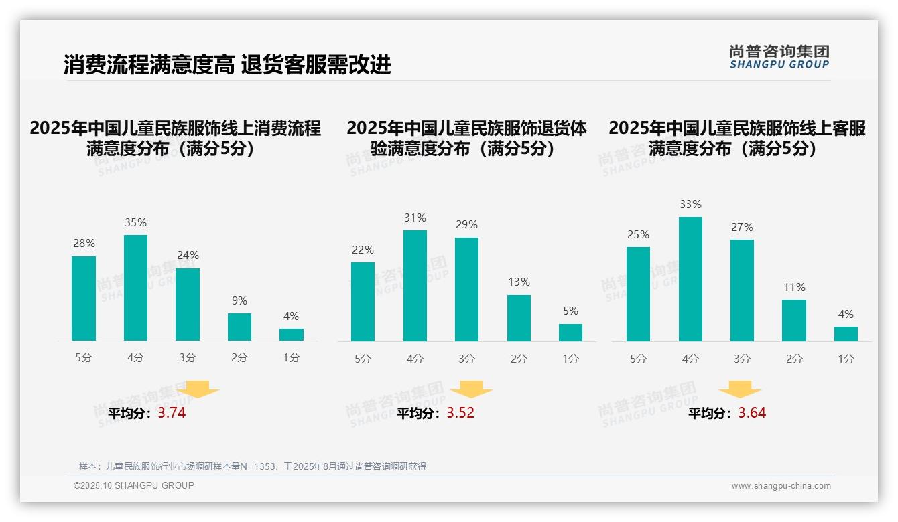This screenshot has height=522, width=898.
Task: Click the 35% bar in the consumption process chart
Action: pos(135,288)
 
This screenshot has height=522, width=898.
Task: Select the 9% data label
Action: pos(239,301)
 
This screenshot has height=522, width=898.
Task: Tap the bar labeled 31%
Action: pos(415,286)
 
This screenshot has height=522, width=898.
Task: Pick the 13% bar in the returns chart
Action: pos(519,319)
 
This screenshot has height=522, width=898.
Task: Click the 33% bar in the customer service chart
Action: pos(690,279)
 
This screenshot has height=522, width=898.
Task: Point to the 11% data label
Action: pos(794,288)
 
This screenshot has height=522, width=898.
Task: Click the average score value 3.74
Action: pos(172,413)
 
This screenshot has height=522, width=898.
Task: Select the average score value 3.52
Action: pos(460,413)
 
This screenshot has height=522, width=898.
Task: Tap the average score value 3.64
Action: pos(752,413)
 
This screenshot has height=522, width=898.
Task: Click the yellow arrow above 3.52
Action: pos(472,390)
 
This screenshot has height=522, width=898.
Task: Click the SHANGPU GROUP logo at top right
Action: pos(779,57)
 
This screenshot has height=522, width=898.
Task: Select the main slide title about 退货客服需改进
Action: pos(227,65)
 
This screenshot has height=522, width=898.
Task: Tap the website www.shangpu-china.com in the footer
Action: pos(781,486)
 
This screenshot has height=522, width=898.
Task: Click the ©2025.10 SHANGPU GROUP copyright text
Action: pos(134,485)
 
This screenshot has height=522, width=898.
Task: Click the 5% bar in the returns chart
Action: pos(570,333)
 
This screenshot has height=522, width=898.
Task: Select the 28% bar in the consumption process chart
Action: pos(84,298)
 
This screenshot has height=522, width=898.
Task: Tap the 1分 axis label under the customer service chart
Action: pos(846,359)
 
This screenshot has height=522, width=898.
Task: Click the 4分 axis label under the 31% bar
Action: pos(415,359)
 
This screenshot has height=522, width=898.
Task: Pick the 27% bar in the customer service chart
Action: pos(742,290)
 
